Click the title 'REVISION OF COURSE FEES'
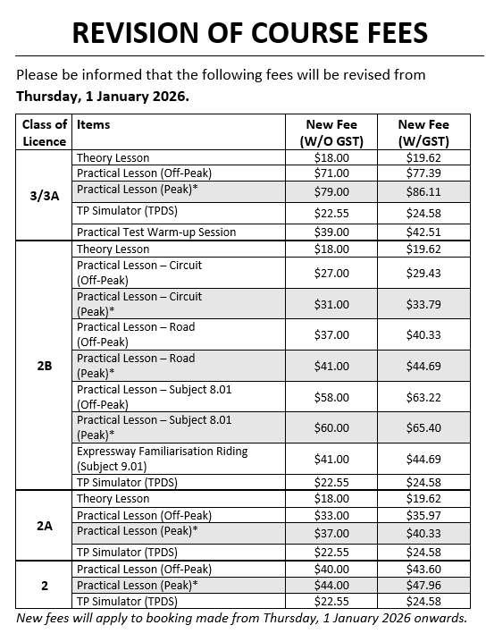click(x=249, y=33)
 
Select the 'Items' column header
click(x=94, y=125)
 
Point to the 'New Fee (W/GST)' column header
click(x=423, y=132)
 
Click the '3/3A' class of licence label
click(x=44, y=196)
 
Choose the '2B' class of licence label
click(x=44, y=366)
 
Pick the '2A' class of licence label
click(x=44, y=526)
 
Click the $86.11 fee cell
click(x=423, y=191)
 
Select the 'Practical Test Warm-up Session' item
click(x=156, y=232)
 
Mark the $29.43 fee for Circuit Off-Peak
click(x=423, y=273)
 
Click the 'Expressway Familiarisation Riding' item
click(x=162, y=452)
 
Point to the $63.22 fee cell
click(x=423, y=396)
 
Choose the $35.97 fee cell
click(x=423, y=515)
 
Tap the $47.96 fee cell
click(x=423, y=585)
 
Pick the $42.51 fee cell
click(x=423, y=232)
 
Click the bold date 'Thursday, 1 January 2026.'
click(x=103, y=96)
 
